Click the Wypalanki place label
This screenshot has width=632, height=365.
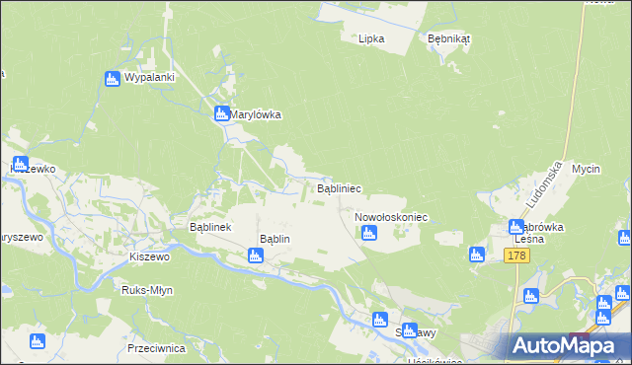pos(150,78)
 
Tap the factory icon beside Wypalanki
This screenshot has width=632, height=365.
pos(112,78)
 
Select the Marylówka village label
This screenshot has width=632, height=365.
pos(256,114)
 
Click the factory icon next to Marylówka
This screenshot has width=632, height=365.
pos(222,113)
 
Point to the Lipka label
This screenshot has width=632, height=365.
pos(371,38)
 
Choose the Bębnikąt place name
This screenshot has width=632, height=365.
pos(449,38)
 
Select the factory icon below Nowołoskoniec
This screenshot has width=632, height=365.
pos(368,234)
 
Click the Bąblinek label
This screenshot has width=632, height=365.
pos(209,227)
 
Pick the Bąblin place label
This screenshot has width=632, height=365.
pos(274,239)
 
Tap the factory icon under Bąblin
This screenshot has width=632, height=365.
pos(256,256)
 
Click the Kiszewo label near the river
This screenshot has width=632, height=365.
pos(150,255)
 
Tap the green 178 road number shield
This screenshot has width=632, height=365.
pos(515,255)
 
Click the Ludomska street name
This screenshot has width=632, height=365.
pos(544,185)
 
